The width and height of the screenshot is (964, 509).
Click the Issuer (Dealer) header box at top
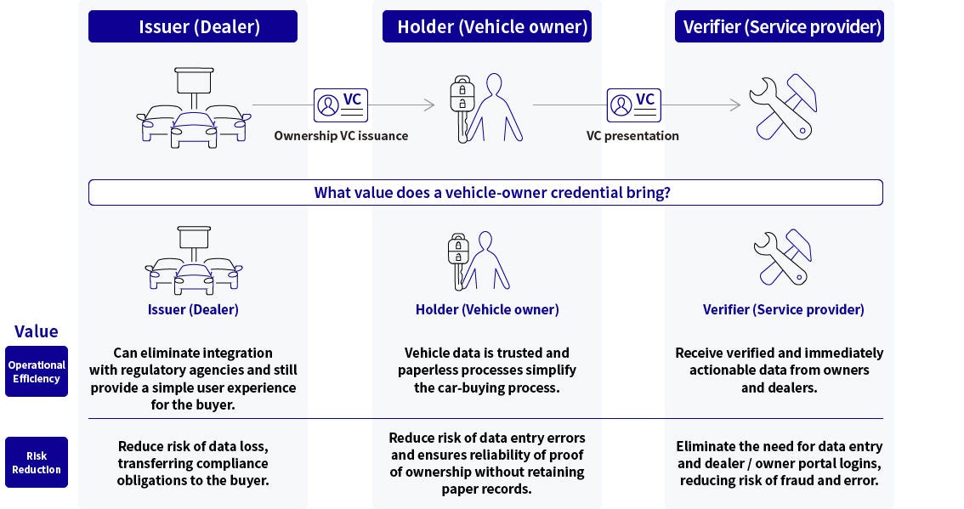point(193,26)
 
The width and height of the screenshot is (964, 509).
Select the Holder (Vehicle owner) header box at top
point(486,26)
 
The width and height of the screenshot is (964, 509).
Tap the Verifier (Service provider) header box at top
point(779,26)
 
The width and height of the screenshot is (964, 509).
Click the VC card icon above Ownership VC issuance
point(341,105)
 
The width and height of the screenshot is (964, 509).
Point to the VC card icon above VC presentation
point(634,105)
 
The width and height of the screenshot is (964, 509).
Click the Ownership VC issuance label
point(341,136)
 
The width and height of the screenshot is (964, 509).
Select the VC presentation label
point(632,136)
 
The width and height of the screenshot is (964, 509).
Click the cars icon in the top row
point(194,108)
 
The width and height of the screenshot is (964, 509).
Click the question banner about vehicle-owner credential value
point(485,193)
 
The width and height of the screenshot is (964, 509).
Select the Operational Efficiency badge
point(37,371)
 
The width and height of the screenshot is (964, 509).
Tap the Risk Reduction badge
point(37,462)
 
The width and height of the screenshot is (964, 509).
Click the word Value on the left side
point(37,331)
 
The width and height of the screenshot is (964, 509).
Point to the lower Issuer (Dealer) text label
point(193,309)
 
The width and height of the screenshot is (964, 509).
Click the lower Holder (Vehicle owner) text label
point(487,309)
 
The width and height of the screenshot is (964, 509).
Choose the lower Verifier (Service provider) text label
point(783,309)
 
